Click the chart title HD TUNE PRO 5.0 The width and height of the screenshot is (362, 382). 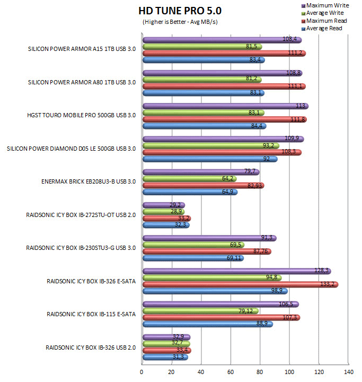click(x=180, y=11)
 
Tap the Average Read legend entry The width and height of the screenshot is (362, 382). click(x=324, y=29)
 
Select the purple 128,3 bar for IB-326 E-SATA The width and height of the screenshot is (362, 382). click(x=236, y=271)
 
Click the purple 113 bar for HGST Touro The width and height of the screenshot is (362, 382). click(x=225, y=106)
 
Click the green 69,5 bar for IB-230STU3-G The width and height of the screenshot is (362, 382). click(x=193, y=245)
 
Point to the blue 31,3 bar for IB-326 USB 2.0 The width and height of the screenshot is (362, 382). click(x=165, y=357)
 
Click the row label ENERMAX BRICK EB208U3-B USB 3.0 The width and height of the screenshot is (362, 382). click(x=89, y=181)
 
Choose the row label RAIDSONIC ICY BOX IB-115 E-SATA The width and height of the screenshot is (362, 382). click(x=91, y=314)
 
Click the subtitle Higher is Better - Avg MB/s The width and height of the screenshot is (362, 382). click(x=180, y=22)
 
